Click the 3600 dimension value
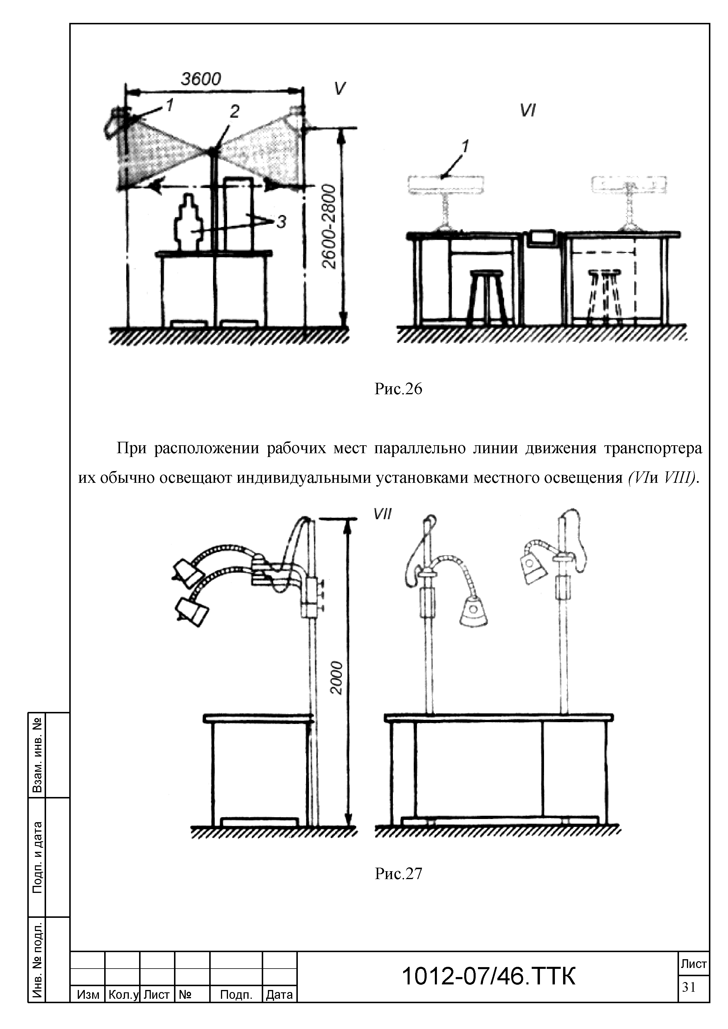201,79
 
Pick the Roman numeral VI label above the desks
528,110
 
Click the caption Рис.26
398,389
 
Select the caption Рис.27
398,874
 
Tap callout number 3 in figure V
281,221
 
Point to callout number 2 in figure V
234,111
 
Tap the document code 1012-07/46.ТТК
488,976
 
